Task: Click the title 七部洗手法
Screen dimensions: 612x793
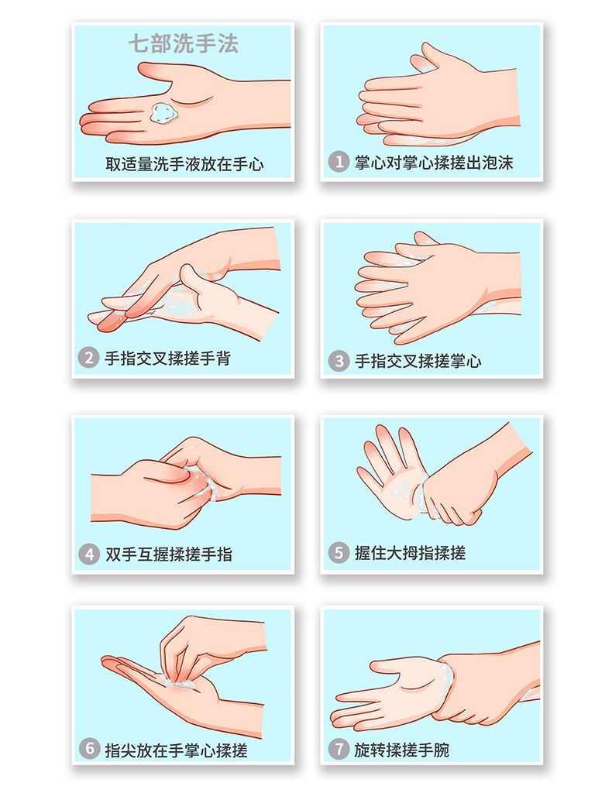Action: point(183,43)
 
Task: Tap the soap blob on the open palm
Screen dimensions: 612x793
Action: point(164,112)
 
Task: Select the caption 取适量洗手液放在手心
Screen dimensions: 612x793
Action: point(184,164)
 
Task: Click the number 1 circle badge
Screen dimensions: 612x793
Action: point(339,163)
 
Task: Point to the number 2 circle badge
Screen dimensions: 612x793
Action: point(88,358)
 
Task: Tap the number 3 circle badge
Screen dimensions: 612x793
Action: point(339,361)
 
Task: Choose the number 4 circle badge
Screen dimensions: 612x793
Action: point(88,554)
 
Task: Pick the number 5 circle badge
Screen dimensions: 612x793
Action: point(339,552)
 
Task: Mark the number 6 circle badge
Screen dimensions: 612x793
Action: point(90,749)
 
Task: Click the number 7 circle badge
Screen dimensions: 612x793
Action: point(339,749)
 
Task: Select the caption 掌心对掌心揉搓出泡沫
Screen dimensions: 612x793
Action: point(434,163)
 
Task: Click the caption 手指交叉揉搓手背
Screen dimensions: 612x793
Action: point(168,358)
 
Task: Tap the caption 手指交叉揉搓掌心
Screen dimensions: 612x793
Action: point(418,361)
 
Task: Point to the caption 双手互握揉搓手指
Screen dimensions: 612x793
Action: point(169,554)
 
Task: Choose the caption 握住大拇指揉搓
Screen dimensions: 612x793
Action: point(410,552)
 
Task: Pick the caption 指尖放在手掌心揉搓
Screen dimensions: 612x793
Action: point(177,749)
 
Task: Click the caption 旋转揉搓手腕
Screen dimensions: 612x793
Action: point(402,749)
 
